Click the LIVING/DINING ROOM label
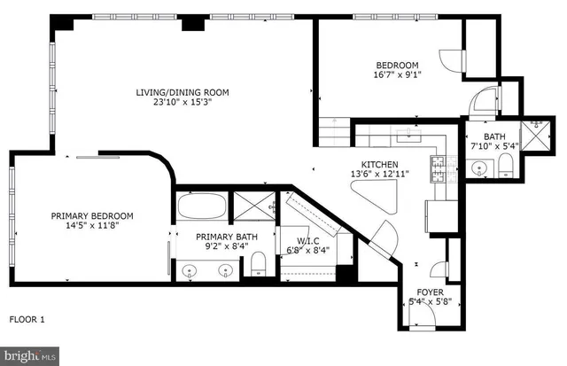click(182, 92)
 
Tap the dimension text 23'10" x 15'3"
click(182, 103)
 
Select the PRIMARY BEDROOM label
click(92, 215)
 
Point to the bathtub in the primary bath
click(201, 209)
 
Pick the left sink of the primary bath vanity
click(189, 270)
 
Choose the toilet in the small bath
click(506, 165)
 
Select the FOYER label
click(430, 292)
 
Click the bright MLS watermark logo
click(29, 355)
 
